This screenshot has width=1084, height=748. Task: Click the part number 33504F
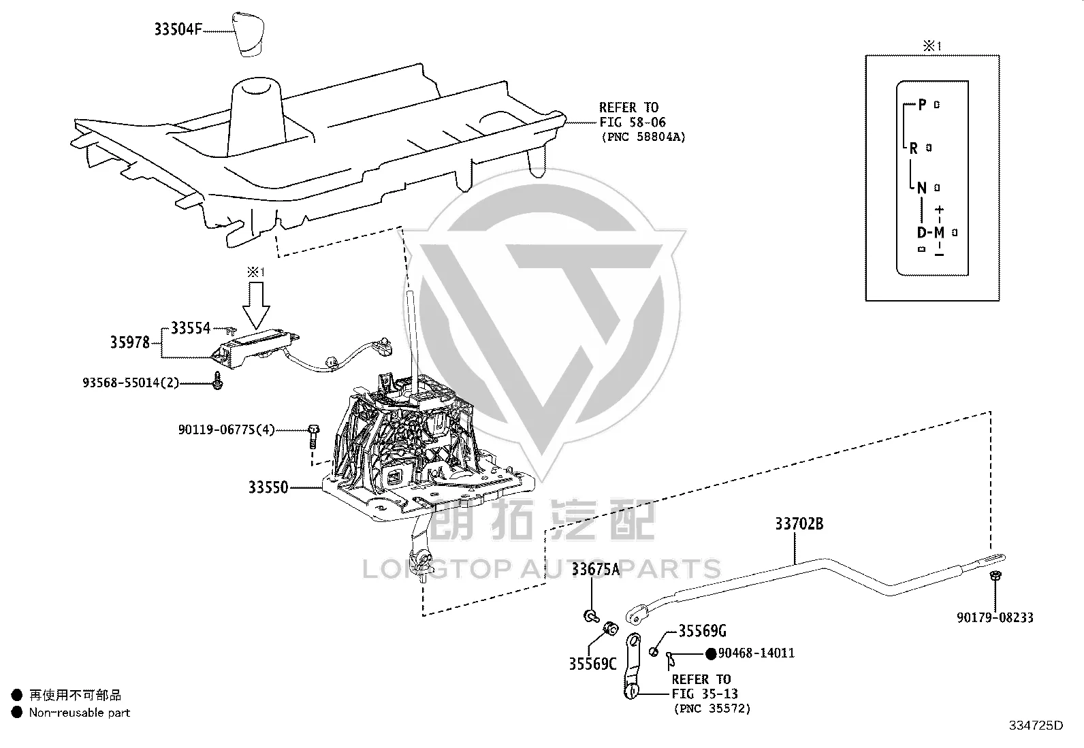coord(178,29)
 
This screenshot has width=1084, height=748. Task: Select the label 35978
coord(129,342)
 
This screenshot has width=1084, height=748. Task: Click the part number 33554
coord(191,328)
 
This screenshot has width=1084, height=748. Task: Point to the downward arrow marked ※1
coord(256,306)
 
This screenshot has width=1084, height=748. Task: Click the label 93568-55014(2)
coord(131,383)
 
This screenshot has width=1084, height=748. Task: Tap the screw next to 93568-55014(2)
coord(218,380)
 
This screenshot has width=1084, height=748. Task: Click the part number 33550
coord(268,487)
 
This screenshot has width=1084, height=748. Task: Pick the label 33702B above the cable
coord(799,523)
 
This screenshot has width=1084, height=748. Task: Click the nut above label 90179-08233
coord(995,575)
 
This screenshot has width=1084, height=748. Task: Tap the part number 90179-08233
coord(995,617)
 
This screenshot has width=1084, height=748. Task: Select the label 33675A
coord(596,570)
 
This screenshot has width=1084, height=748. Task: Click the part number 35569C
coord(593,664)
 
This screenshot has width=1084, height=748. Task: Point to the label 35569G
coord(702,631)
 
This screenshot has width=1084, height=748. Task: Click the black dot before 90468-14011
coord(711,654)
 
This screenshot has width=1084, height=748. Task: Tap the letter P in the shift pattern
coord(923,105)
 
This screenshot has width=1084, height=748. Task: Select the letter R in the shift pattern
coord(914,148)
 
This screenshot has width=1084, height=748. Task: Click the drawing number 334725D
coord(1036,726)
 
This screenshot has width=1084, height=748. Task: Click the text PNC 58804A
coord(643,137)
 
